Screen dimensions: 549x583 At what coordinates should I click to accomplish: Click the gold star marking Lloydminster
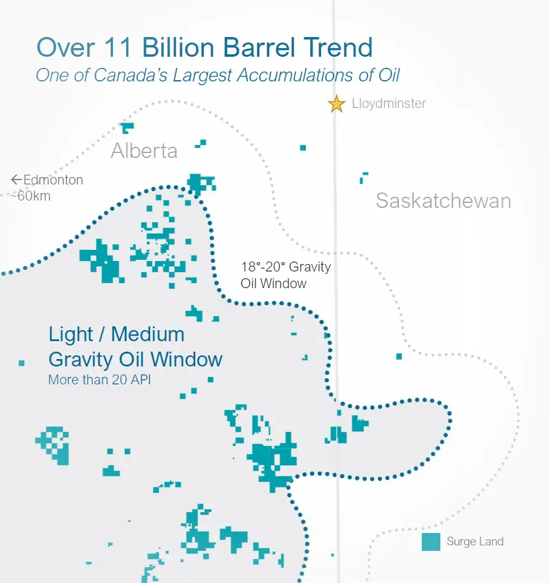pos(337,104)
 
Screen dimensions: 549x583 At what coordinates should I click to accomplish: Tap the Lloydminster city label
pos(389,104)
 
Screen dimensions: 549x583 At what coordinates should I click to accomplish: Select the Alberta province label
pos(144,151)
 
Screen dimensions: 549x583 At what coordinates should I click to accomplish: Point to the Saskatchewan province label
pos(443,201)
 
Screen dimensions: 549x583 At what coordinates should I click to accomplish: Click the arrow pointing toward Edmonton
pos(17,180)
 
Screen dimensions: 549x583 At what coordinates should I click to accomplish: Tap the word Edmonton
pos(53,180)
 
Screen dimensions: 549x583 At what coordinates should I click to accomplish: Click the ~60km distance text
pos(30,196)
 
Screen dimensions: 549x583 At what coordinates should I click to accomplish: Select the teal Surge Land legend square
pos(431,542)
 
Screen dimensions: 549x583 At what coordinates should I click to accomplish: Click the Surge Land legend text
pos(475,542)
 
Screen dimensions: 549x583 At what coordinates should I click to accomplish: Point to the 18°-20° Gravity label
pos(286,267)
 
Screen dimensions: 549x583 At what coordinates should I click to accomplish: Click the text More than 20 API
pos(100,379)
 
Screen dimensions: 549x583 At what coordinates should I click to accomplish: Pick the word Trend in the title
pos(338,48)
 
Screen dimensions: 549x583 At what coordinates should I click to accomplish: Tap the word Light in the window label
pos(71,334)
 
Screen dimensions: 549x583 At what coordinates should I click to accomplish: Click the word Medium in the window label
pos(148,334)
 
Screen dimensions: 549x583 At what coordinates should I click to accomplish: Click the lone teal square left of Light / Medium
pos(22,363)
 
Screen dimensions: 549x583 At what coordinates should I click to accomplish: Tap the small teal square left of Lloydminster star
pos(303,148)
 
